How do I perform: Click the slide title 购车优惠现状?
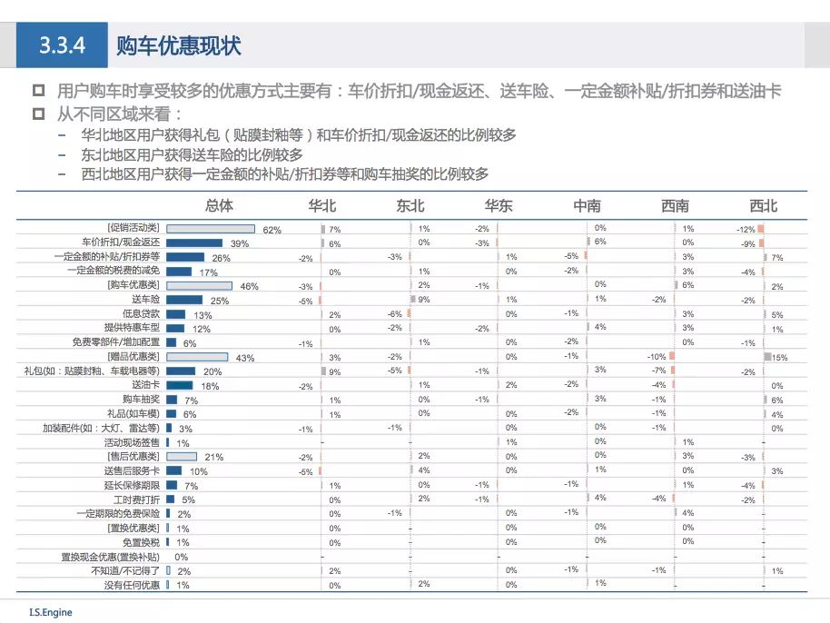178,46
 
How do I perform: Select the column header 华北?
322,206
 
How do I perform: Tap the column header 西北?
763,206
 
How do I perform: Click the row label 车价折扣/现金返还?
120,243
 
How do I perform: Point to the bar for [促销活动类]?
210,229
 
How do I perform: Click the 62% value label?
272,230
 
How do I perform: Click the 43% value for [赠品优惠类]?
244,358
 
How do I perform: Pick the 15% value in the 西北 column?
779,358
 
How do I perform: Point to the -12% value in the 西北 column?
746,230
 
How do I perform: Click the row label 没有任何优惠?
132,586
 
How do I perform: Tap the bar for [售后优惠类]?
183,456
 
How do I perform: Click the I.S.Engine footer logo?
50,612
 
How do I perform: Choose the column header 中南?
587,206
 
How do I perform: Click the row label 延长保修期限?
133,486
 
